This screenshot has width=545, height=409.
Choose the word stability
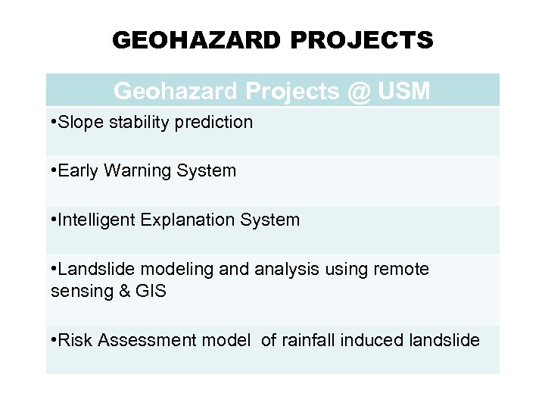[133, 122]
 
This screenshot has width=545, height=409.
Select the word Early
[81, 171]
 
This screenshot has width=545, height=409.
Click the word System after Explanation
[269, 220]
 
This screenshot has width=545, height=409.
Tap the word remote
[402, 270]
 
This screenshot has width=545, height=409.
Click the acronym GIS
[151, 291]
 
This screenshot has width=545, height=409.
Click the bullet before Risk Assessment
[54, 341]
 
